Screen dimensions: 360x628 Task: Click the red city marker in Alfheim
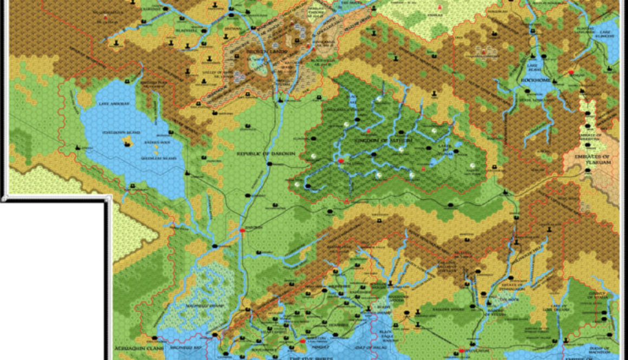pos(341,161)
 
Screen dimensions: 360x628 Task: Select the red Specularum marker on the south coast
pos(461,351)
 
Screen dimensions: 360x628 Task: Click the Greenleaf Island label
pos(121,159)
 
